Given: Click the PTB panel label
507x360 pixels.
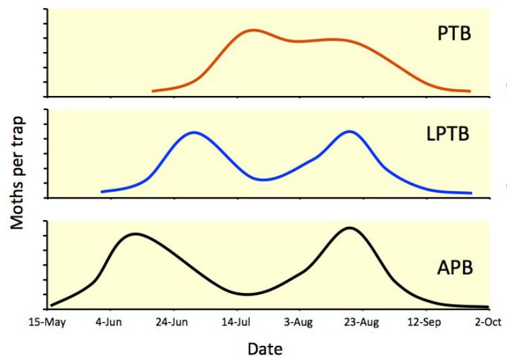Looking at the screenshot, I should point(452,34).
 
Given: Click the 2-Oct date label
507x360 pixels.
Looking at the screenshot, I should point(487,323).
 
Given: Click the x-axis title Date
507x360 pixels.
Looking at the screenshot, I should point(265,349).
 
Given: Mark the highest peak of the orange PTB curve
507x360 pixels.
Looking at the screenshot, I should point(252,30).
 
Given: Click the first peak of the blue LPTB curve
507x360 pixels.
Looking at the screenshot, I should point(194,132).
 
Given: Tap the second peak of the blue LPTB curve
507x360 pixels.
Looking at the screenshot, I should point(349,131).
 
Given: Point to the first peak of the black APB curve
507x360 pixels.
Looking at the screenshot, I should point(136,234).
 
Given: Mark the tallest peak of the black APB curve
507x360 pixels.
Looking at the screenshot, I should point(349,228).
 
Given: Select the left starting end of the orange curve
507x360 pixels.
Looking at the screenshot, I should point(153,91).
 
